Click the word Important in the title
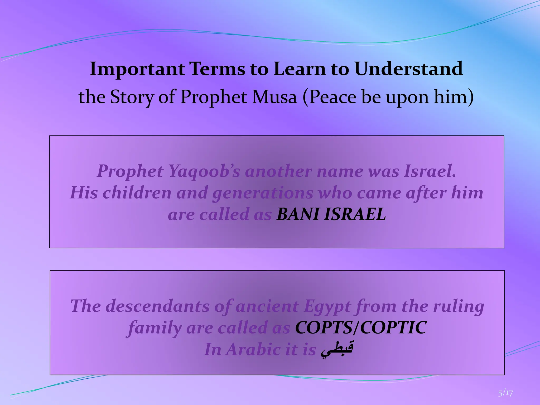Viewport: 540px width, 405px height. coord(137,69)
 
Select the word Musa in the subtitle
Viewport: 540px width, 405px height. coord(274,97)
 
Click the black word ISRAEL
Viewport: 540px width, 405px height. coord(355,214)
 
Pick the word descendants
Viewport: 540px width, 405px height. coord(157,306)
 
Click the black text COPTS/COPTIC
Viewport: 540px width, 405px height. coord(360,328)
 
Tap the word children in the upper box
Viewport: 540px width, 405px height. coord(137,193)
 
